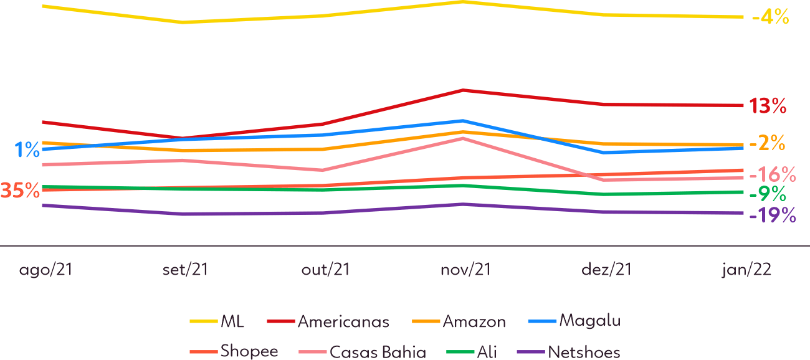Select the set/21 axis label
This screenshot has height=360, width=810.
pos(184,270)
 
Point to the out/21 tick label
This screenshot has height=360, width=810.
pos(325,270)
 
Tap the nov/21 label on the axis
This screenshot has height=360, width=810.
pos(465,270)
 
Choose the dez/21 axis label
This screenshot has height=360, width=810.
pos(606,270)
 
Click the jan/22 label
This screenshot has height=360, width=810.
pos(747,270)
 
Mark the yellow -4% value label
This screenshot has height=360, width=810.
pos(771,17)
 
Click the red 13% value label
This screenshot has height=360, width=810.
pos(768,106)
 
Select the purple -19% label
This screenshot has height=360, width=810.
pos(773,216)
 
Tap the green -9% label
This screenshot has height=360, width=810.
pos(767,194)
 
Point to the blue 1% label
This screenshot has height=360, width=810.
pos(27,149)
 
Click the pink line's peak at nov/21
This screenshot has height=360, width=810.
pos(462,138)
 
